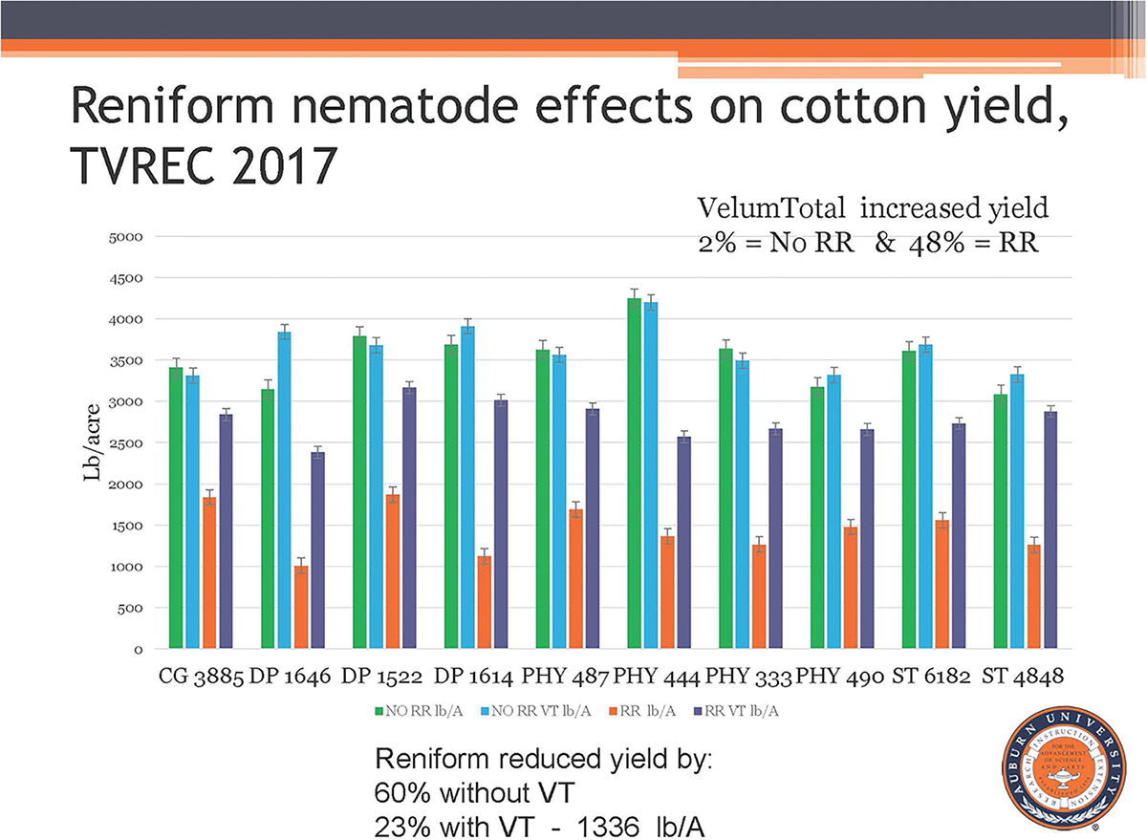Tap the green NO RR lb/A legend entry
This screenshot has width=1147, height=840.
(419, 710)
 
